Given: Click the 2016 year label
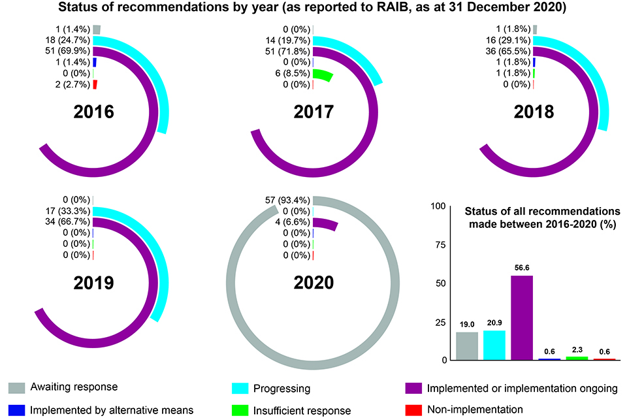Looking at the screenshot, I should (x=94, y=112).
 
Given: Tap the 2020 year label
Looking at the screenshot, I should (x=314, y=283).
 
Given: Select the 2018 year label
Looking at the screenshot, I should (x=534, y=112).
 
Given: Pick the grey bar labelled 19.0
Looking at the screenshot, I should (x=467, y=346).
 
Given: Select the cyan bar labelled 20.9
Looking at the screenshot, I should (x=494, y=345).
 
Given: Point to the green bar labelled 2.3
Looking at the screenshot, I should (x=577, y=358).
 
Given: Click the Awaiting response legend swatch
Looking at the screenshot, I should (x=17, y=389).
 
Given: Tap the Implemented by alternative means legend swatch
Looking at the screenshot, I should (x=17, y=410).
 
